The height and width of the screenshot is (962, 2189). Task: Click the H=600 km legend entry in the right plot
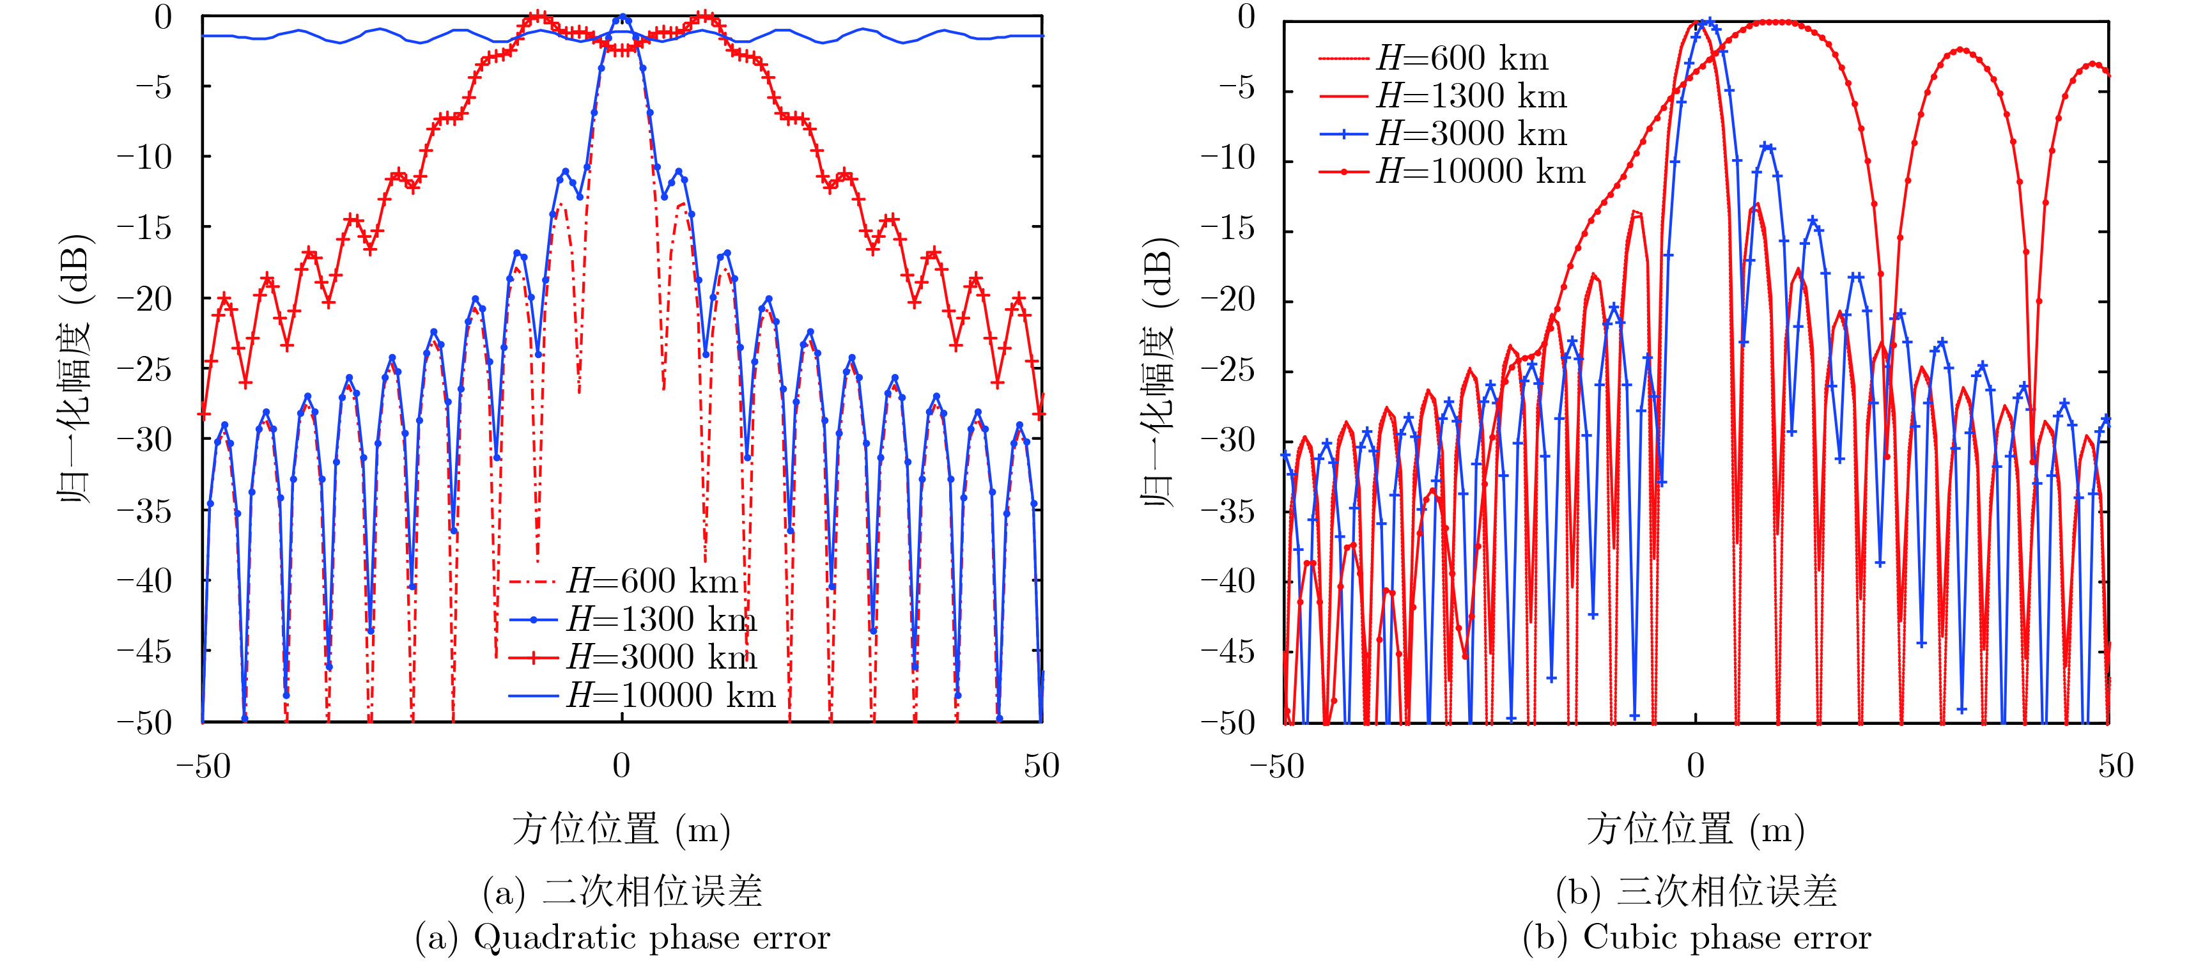click(x=1462, y=59)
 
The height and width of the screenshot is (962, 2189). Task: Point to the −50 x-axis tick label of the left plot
click(x=203, y=766)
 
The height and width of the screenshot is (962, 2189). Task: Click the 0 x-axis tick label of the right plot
click(x=1696, y=766)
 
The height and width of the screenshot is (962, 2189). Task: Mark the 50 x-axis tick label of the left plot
click(x=1041, y=766)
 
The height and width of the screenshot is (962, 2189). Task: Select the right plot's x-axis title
click(x=1696, y=828)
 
